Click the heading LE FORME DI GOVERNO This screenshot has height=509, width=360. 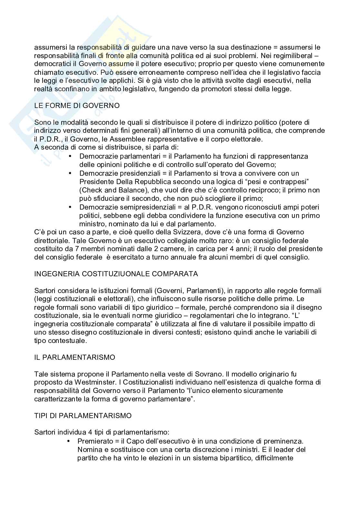coord(77,106)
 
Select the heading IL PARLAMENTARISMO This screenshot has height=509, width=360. coord(75,357)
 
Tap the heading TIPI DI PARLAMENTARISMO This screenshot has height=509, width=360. coord(83,416)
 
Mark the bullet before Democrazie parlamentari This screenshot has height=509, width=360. coord(71,156)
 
